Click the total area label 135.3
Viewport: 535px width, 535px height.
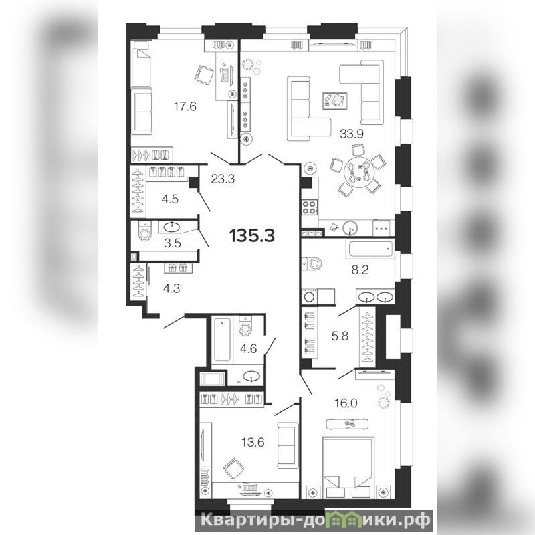(x=252, y=235)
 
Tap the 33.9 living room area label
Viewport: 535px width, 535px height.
(x=352, y=134)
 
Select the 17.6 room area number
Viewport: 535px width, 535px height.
(x=185, y=106)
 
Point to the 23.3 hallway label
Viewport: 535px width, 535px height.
(x=223, y=179)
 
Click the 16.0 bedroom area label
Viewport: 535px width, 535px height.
(x=346, y=403)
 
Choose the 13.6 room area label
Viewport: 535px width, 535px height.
(x=253, y=443)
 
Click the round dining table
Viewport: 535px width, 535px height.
(x=357, y=173)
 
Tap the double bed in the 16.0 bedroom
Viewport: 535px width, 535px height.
(x=347, y=467)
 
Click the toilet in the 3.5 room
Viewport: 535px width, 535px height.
(x=145, y=231)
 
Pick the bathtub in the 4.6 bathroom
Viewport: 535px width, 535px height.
(x=222, y=339)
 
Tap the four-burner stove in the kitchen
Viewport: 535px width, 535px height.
(x=309, y=207)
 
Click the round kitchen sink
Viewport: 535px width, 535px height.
(x=350, y=227)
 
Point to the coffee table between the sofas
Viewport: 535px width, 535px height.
(x=335, y=101)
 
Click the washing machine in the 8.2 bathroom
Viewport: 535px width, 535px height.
(x=310, y=296)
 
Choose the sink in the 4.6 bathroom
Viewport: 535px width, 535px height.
(x=251, y=376)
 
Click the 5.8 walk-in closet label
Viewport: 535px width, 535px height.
(x=340, y=336)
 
